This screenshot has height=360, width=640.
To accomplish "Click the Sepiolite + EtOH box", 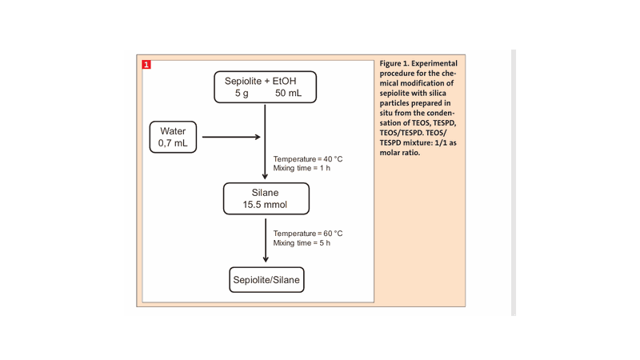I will (x=265, y=86).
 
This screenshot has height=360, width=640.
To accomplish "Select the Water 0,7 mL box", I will (x=172, y=137).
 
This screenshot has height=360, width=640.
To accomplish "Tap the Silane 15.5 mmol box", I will (x=265, y=198).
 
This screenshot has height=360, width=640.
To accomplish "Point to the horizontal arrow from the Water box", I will (x=231, y=137).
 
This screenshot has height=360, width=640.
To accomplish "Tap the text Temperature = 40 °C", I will (x=308, y=158).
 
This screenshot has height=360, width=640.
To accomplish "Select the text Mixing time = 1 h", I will (x=302, y=168).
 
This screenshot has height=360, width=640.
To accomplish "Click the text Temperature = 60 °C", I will (x=308, y=234).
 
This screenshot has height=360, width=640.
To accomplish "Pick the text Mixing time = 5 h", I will (x=302, y=243).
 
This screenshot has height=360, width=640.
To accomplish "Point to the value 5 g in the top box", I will (x=242, y=94).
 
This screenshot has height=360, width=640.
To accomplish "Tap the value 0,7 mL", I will (x=172, y=144).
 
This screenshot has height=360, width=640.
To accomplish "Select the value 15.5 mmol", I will (x=265, y=206).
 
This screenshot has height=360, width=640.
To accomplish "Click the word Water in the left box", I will (x=172, y=130).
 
